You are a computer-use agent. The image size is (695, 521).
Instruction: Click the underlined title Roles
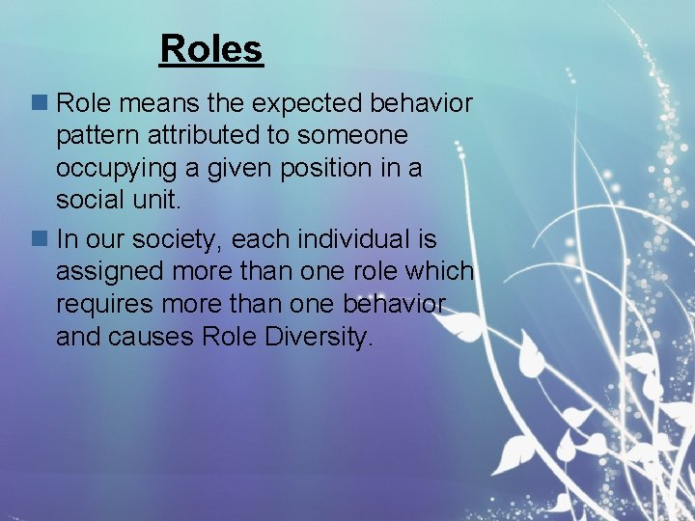(x=211, y=48)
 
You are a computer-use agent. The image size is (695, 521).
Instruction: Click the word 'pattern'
(x=95, y=136)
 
